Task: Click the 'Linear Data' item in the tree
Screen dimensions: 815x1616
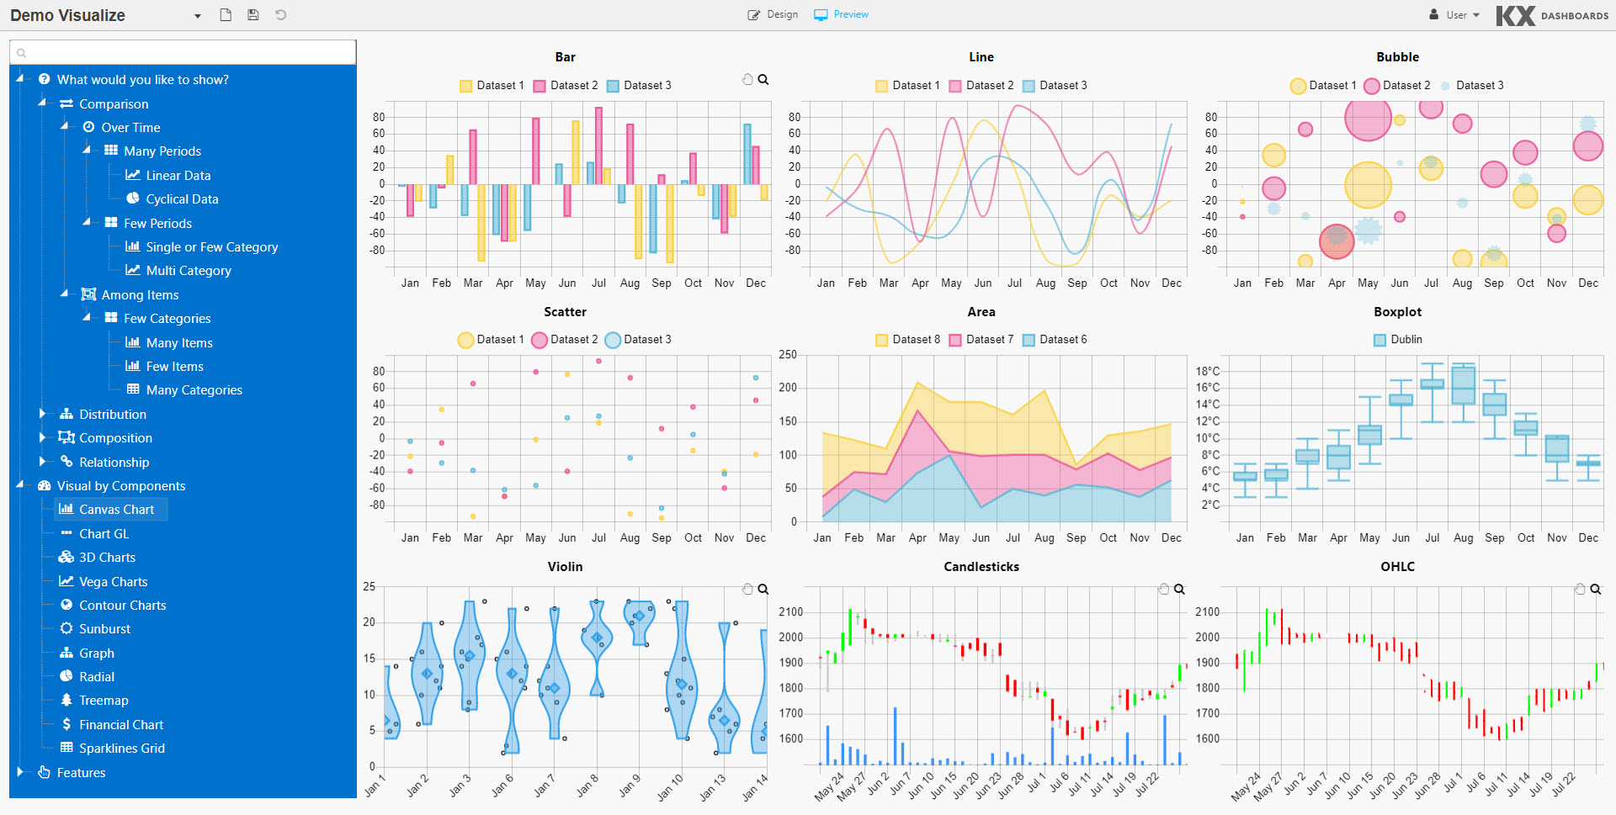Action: pyautogui.click(x=178, y=176)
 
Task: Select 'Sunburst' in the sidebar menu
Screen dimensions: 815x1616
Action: pyautogui.click(x=104, y=629)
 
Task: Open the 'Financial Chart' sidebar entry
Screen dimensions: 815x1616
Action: pyautogui.click(x=120, y=725)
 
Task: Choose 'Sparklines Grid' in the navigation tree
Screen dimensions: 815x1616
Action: pyautogui.click(x=121, y=749)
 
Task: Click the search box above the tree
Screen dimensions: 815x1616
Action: pyautogui.click(x=183, y=53)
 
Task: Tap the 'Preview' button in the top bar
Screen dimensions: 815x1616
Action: pyautogui.click(x=842, y=15)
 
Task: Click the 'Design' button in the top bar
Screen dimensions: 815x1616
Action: pyautogui.click(x=773, y=15)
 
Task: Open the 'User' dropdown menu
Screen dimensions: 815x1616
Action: pyautogui.click(x=1454, y=15)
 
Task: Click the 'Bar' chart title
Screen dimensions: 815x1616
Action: pyautogui.click(x=565, y=57)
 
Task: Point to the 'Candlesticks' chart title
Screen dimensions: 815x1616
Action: pyautogui.click(x=981, y=567)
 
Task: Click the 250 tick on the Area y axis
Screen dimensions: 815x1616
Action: pyautogui.click(x=788, y=355)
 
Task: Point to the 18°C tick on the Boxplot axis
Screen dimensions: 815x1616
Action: pyautogui.click(x=1207, y=372)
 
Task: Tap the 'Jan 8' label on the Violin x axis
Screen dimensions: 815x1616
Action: pyautogui.click(x=587, y=785)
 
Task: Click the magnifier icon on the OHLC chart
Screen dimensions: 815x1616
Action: pyautogui.click(x=1595, y=590)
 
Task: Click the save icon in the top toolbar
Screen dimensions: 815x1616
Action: pyautogui.click(x=252, y=15)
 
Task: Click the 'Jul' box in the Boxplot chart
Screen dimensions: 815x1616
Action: pyautogui.click(x=1432, y=384)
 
